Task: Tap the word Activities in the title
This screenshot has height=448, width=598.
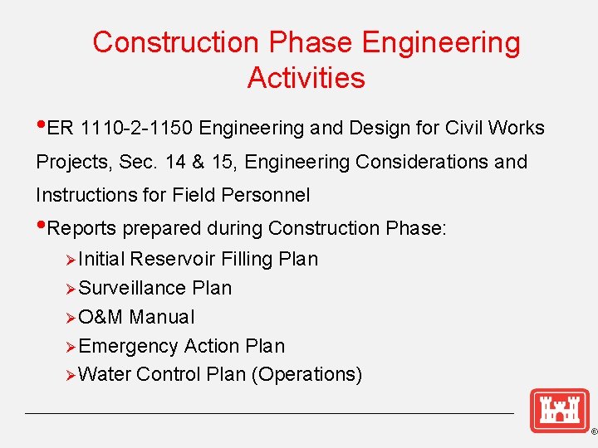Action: pyautogui.click(x=306, y=78)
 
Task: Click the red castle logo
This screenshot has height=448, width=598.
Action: pyautogui.click(x=559, y=411)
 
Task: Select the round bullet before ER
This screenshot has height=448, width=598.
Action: pyautogui.click(x=42, y=126)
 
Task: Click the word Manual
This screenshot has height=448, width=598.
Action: pyautogui.click(x=162, y=317)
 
